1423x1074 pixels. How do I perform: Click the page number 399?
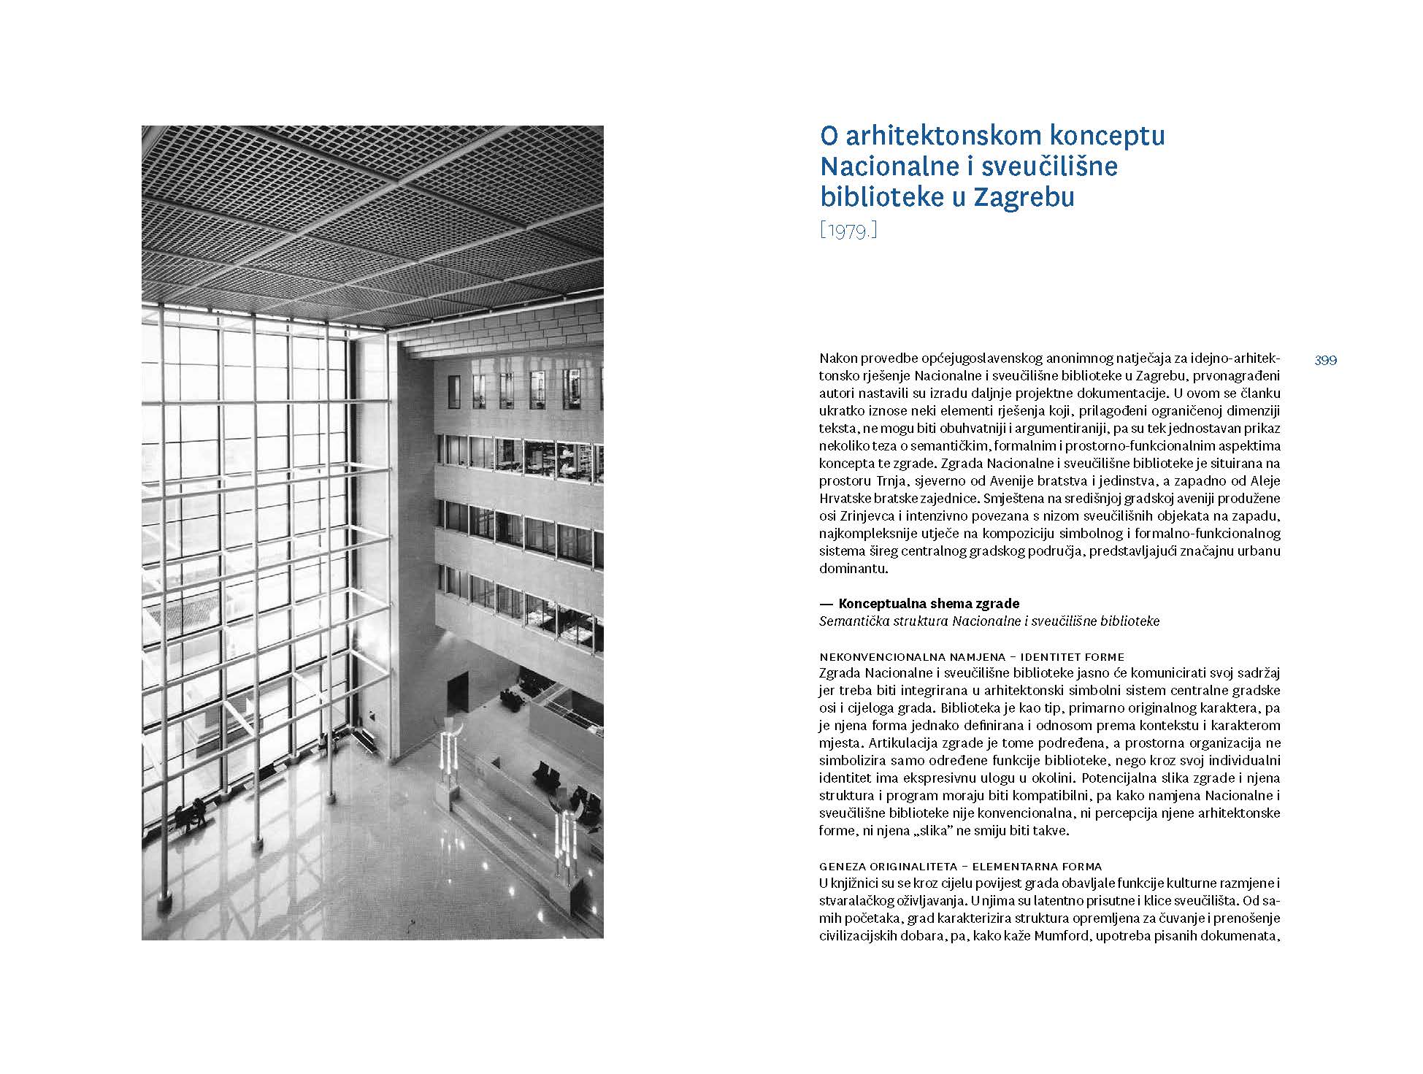1325,360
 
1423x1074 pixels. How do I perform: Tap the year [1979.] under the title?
848,231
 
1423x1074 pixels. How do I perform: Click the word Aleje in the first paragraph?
1265,481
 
